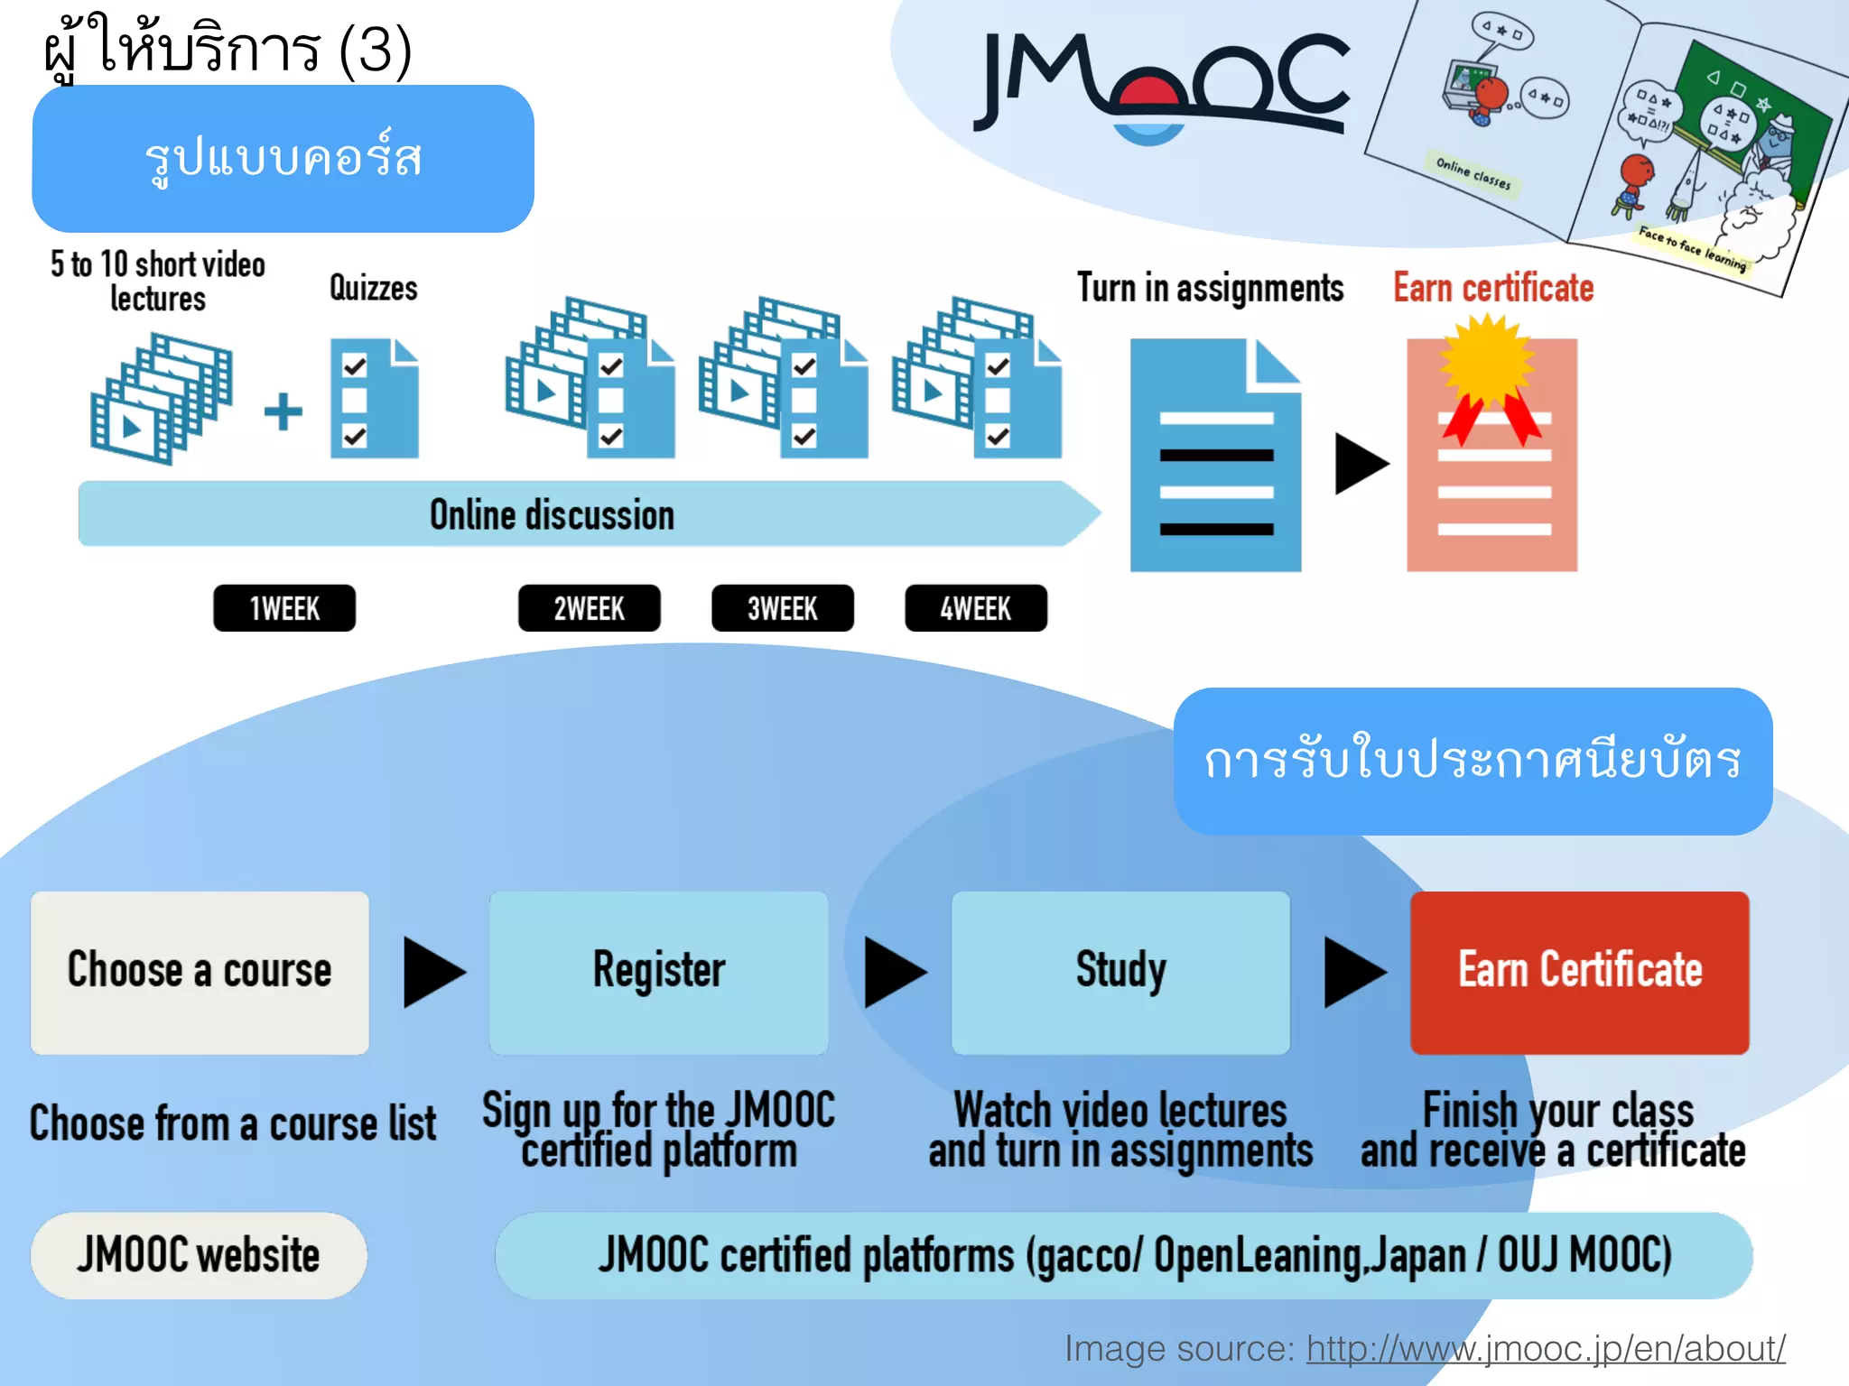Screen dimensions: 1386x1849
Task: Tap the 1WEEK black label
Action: click(x=283, y=608)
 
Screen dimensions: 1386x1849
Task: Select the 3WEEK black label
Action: click(x=782, y=608)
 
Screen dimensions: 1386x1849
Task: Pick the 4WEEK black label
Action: click(x=976, y=608)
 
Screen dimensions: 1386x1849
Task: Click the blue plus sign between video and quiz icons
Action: click(x=283, y=411)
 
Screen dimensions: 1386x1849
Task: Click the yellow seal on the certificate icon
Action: click(x=1487, y=361)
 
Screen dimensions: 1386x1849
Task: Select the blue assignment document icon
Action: click(x=1215, y=456)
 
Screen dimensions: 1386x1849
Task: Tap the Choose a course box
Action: click(x=200, y=972)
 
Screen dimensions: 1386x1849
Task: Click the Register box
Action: click(x=658, y=972)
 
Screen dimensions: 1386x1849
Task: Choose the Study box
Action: click(x=1120, y=972)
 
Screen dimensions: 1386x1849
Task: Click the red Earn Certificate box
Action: click(x=1579, y=972)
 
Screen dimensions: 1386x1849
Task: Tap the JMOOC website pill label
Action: click(x=199, y=1255)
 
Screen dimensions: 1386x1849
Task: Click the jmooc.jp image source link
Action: click(x=1545, y=1348)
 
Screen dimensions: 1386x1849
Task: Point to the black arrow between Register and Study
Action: click(x=893, y=972)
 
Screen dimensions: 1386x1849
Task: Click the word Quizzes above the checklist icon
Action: click(x=373, y=289)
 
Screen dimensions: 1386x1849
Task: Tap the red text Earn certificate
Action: click(x=1492, y=289)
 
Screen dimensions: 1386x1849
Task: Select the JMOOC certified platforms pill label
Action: click(x=1123, y=1255)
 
